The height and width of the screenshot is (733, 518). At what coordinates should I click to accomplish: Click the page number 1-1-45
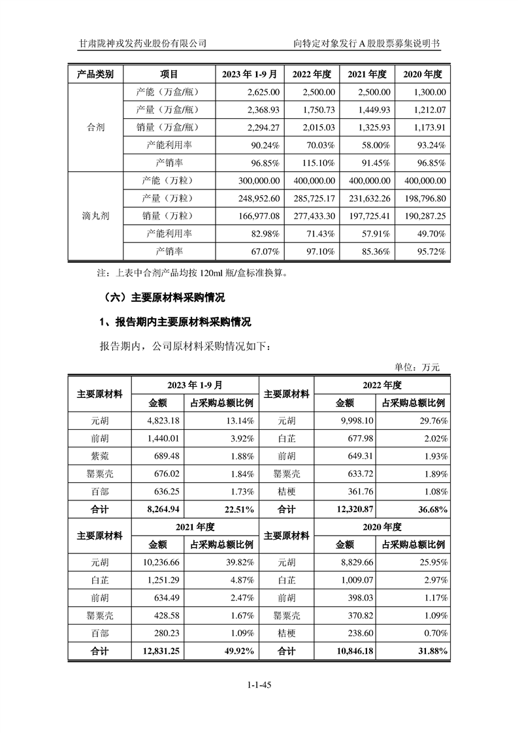[x=259, y=685]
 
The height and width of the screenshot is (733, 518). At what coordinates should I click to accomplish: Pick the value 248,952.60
[x=254, y=198]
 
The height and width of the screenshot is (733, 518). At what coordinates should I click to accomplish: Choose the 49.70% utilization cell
[x=431, y=233]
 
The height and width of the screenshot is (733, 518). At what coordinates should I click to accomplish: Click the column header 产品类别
[x=95, y=74]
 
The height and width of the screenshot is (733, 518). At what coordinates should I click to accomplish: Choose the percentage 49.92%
[x=240, y=651]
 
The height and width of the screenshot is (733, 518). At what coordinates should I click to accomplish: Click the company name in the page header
[x=142, y=43]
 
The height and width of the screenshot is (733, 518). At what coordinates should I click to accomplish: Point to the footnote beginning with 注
[x=192, y=272]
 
